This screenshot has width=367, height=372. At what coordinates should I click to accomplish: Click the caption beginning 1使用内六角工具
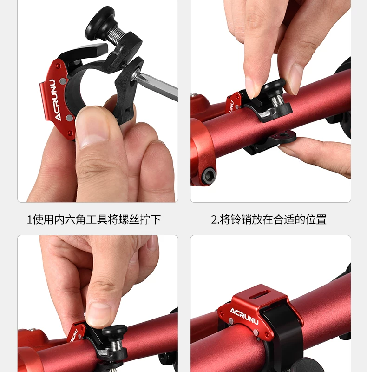[x=94, y=219]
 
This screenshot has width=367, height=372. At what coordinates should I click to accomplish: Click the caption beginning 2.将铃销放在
[x=269, y=219]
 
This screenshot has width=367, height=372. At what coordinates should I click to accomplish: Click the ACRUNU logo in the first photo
[x=55, y=100]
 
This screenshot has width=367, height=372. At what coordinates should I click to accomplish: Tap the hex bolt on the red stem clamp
[x=209, y=176]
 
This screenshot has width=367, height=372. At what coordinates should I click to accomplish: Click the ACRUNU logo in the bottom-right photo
[x=244, y=316]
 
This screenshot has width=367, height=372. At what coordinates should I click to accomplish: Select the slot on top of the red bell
[x=259, y=296]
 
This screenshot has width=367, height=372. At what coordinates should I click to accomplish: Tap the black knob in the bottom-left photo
[x=114, y=330]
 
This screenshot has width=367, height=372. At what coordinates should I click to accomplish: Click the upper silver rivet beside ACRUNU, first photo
[x=63, y=81]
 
